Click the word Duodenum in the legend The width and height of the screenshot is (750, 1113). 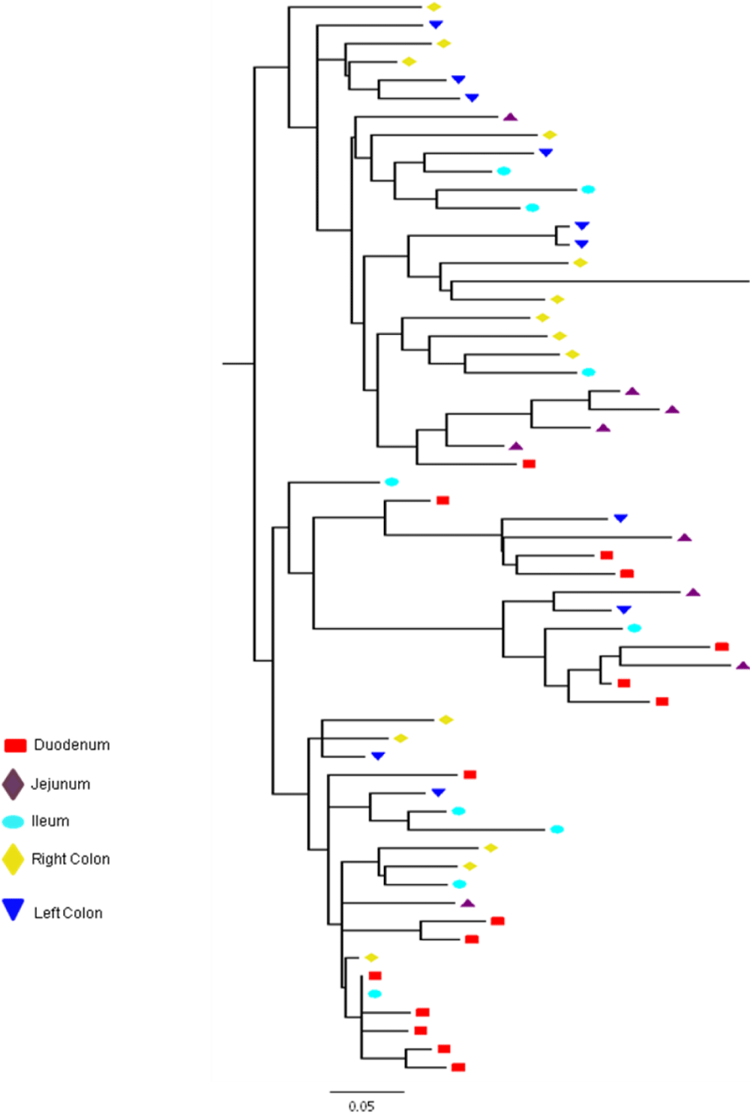[71, 745]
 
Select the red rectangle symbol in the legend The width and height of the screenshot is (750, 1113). [15, 745]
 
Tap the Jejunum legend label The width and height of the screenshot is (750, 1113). [61, 784]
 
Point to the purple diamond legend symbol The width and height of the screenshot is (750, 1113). [13, 785]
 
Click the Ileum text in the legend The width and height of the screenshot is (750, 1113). [50, 821]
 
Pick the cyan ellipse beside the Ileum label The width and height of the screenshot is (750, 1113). [13, 822]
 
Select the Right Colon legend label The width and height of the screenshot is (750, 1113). [70, 859]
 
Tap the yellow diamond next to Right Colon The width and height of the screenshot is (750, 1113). [13, 859]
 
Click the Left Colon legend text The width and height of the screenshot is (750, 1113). [68, 913]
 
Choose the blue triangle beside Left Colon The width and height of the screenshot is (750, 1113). [13, 909]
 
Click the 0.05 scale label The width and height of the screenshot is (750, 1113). [361, 1106]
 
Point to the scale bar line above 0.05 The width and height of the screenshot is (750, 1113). [367, 1091]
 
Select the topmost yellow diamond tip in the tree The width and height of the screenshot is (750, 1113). [433, 7]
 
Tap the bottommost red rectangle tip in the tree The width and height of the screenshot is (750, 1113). [458, 1067]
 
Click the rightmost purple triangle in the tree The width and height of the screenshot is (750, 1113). [743, 666]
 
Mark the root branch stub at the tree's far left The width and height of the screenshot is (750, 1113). [238, 364]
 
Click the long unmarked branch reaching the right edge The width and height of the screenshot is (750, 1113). [600, 282]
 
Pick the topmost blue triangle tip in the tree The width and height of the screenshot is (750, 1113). [436, 24]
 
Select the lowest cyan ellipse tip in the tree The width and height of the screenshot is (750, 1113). [374, 994]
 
